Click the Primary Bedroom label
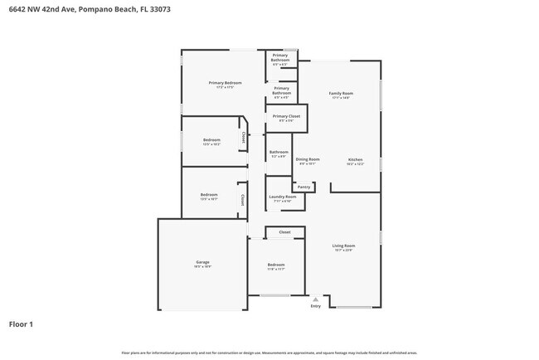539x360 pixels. pos(226,82)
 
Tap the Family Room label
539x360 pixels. pos(341,94)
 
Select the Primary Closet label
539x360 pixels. pos(286,117)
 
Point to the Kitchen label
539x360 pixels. pos(355,159)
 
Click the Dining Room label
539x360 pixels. pos(308,159)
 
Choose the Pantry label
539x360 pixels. pos(304,187)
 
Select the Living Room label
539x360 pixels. pos(344,246)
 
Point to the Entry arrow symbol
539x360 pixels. pos(315,299)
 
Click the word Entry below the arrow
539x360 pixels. pos(315,306)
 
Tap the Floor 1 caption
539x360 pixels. pos(21,324)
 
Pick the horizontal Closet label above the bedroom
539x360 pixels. pos(284,232)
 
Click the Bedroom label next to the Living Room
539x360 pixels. pos(275,265)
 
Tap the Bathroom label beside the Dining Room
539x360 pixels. pos(279,152)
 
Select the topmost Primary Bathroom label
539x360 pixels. pos(280,58)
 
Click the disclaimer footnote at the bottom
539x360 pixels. pos(269,352)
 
